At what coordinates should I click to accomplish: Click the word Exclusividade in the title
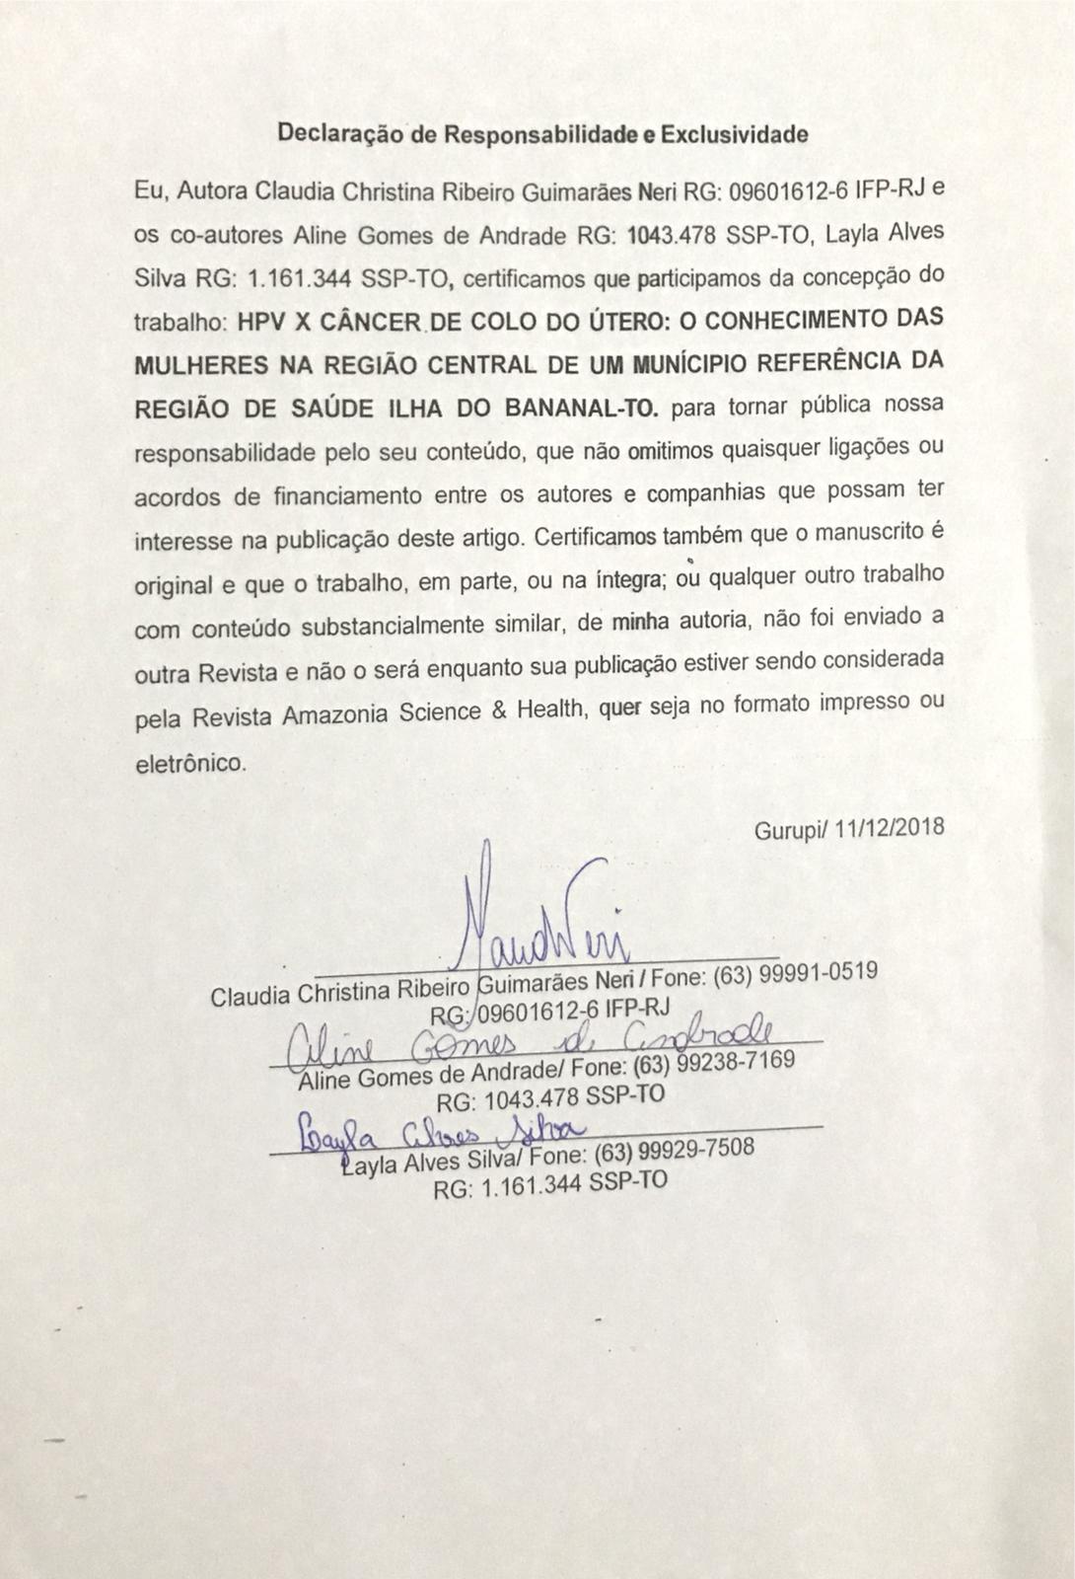tap(735, 134)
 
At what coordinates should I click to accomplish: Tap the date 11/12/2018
tap(889, 827)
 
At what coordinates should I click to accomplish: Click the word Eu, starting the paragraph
tap(151, 192)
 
